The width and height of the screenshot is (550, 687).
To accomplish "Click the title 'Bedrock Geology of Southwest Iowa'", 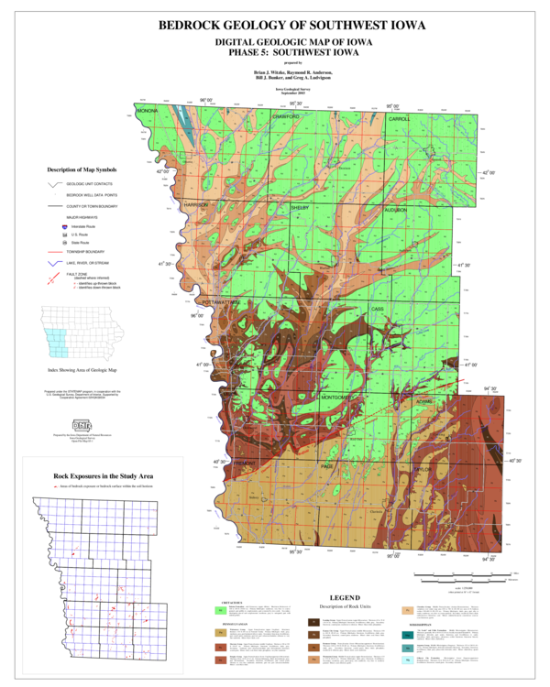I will click(x=292, y=26).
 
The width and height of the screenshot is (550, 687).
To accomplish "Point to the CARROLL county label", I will click(x=399, y=119).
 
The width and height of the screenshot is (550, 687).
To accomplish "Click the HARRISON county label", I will click(x=196, y=205).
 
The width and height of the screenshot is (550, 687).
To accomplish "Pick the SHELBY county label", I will click(x=300, y=208).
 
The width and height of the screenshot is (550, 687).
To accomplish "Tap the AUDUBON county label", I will click(x=395, y=210).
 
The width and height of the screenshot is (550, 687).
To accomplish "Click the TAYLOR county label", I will click(x=422, y=469).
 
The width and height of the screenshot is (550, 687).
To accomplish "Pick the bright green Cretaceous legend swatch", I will click(x=221, y=609).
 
